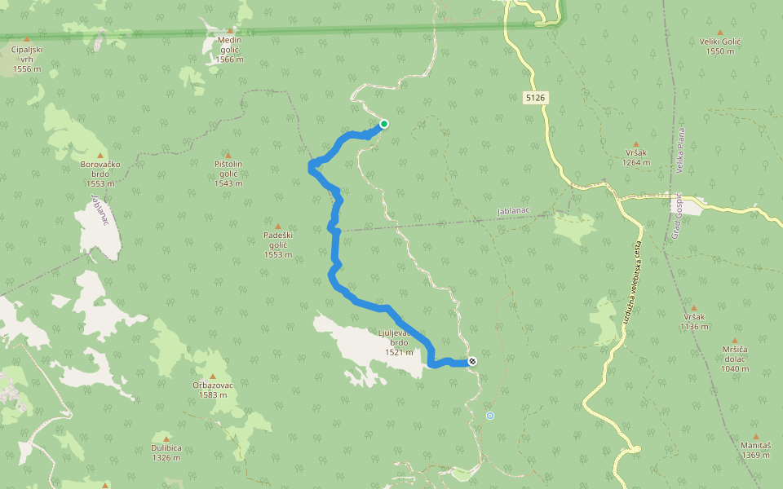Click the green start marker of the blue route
(383, 124)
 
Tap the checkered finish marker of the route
(472, 361)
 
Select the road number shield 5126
(535, 98)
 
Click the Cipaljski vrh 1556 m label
(27, 59)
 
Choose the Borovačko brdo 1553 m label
(101, 174)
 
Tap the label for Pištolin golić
(228, 174)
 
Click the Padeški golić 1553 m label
(278, 244)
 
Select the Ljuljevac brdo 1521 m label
(399, 342)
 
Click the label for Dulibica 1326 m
(166, 452)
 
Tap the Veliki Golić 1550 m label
(719, 46)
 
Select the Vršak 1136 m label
(694, 321)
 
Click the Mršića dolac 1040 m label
(734, 358)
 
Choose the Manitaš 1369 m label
(756, 450)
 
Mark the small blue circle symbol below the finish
(490, 416)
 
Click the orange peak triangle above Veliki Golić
(719, 33)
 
